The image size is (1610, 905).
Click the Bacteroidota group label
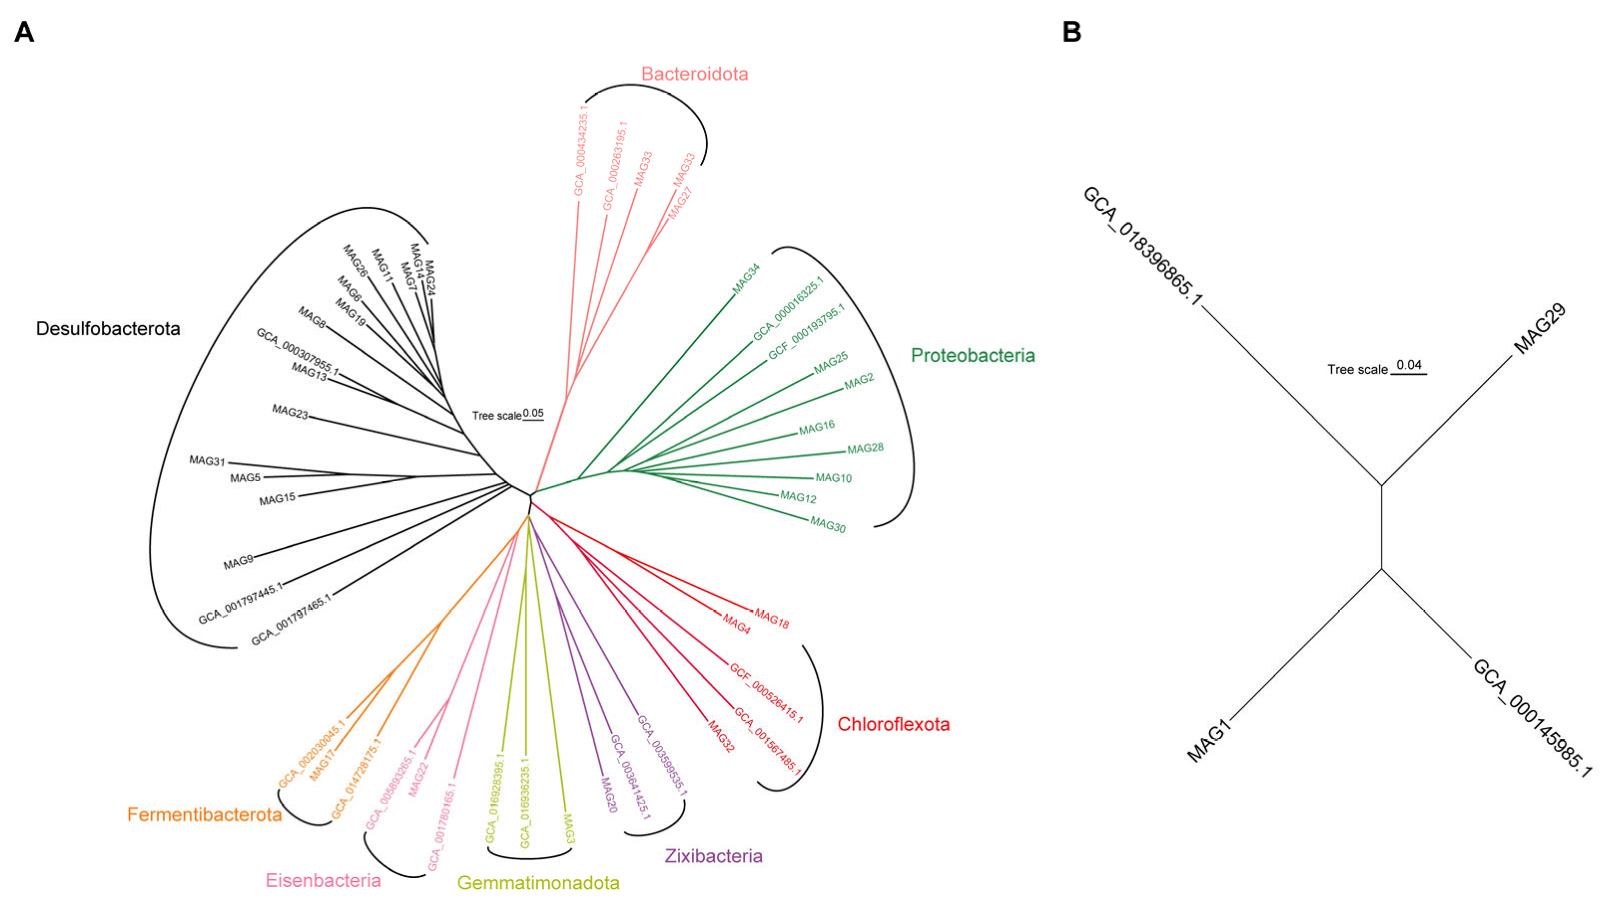[694, 74]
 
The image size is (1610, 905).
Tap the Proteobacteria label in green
[972, 356]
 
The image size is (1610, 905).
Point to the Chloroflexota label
[893, 724]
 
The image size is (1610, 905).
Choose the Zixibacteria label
[713, 856]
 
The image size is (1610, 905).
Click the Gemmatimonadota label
[538, 883]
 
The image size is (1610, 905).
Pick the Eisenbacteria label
[323, 881]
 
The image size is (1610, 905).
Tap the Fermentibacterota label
[205, 814]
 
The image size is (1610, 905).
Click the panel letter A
[24, 32]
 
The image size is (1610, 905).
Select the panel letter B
[1071, 32]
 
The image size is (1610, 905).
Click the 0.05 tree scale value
[533, 413]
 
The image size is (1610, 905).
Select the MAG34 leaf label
[746, 279]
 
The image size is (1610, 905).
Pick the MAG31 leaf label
[207, 461]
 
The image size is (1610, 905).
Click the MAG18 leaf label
[771, 619]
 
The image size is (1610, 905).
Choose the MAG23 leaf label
[290, 412]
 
